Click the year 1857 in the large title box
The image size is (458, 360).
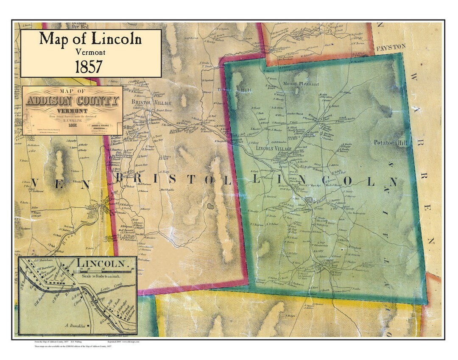pos(89,67)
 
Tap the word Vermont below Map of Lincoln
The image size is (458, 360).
pos(90,52)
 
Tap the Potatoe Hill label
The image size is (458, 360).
pos(391,143)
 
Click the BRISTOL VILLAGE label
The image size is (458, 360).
pos(151,103)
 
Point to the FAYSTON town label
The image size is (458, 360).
pos(391,47)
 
